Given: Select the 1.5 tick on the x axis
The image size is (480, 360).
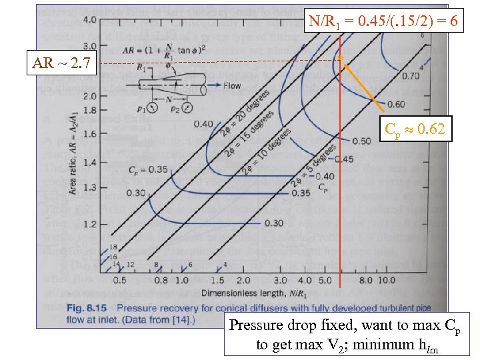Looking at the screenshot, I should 217,281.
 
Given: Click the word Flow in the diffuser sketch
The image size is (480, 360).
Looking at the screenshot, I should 231,86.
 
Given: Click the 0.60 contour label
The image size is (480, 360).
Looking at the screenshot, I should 395,105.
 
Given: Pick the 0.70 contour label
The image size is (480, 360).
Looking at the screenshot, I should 411,76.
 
